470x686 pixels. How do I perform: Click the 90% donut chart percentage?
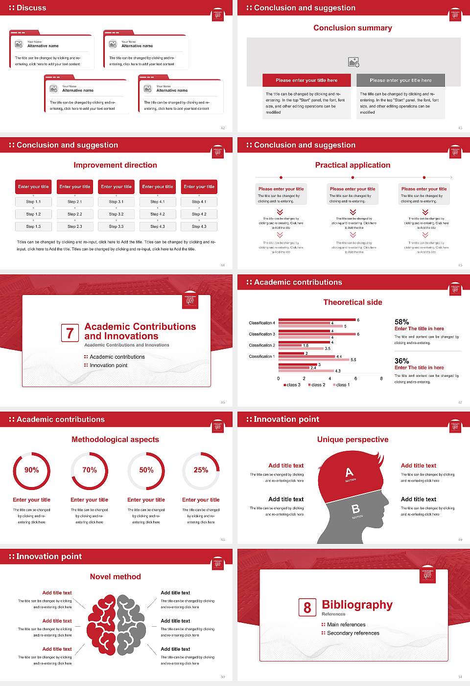pos(32,470)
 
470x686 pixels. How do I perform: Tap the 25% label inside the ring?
pos(201,470)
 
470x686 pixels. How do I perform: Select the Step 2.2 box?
pos(75,214)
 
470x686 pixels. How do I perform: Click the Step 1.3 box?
pos(34,226)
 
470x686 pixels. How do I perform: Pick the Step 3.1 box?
pos(116,201)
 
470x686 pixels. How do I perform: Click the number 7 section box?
pos(70,333)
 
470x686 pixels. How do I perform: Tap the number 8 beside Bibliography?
pos(307,608)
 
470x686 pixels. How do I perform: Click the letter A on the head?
pos(349,472)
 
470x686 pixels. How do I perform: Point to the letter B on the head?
pos(355,509)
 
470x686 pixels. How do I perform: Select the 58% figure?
pos(401,322)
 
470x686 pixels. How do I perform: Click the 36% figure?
pos(401,361)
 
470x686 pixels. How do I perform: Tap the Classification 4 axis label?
pos(262,323)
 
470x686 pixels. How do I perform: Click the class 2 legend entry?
pos(317,385)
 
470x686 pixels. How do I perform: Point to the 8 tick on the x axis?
pos(381,378)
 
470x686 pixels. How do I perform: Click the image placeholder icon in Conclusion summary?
pos(353,62)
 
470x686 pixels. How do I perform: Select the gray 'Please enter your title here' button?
pos(400,80)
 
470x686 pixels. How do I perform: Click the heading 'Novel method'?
pos(116,577)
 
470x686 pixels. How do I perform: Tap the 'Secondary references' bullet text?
pos(353,633)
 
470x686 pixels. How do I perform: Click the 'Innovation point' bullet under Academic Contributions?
pos(109,365)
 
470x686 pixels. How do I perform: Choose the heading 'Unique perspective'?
pos(352,440)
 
